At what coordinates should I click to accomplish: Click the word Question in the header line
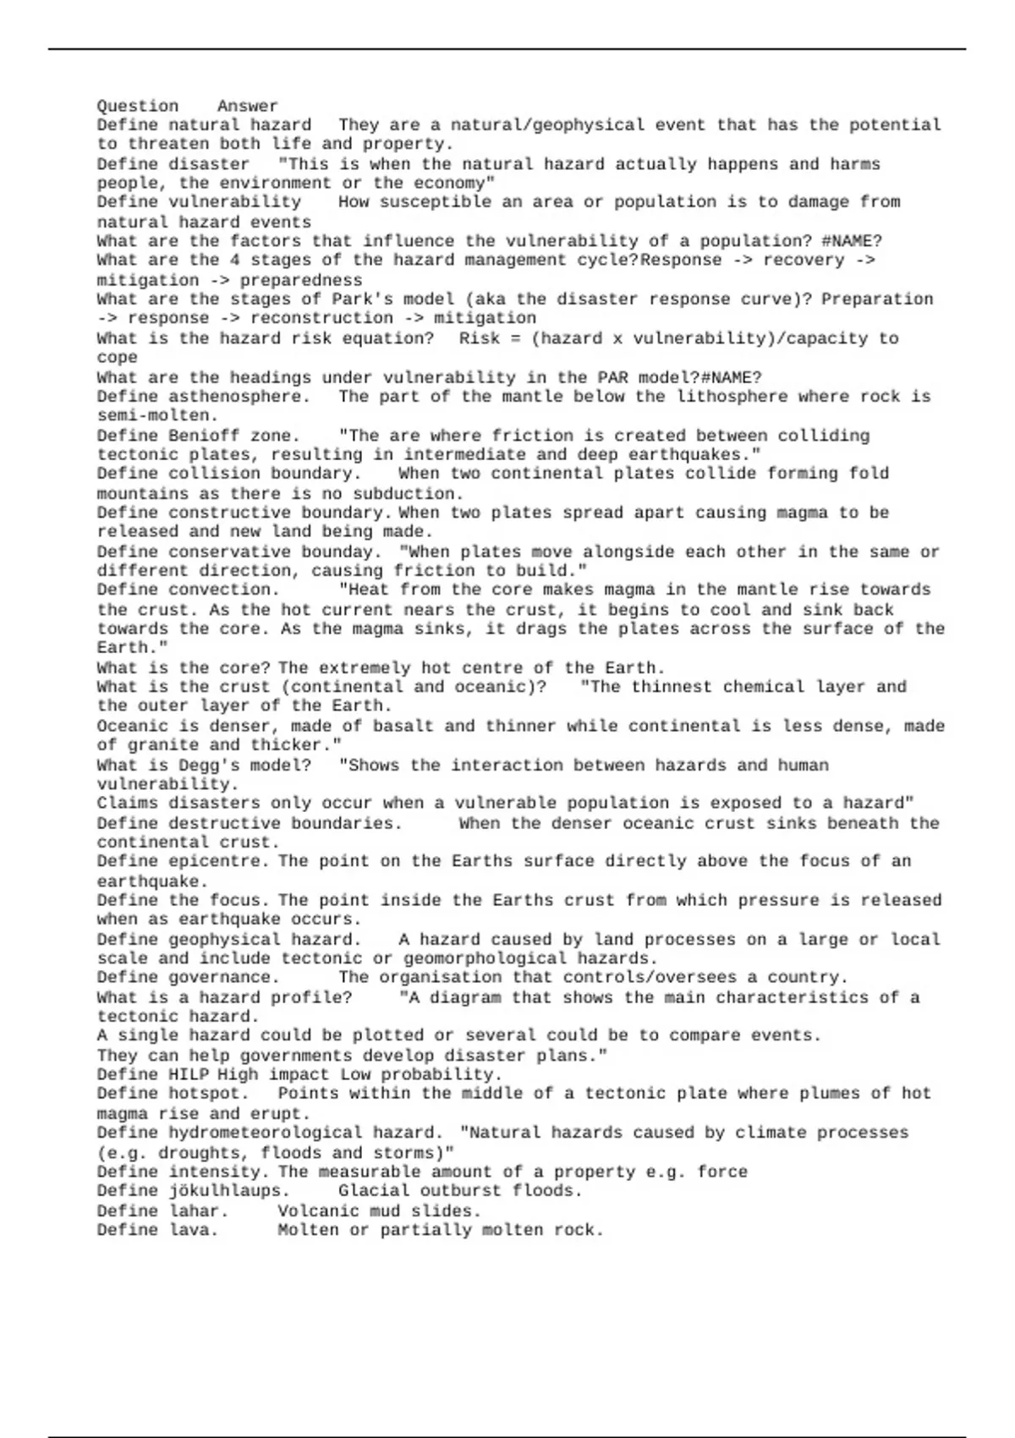pyautogui.click(x=137, y=106)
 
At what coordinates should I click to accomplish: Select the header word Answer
pyautogui.click(x=247, y=106)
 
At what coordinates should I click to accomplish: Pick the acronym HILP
pyautogui.click(x=188, y=1074)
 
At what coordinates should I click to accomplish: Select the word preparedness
pyautogui.click(x=300, y=280)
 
